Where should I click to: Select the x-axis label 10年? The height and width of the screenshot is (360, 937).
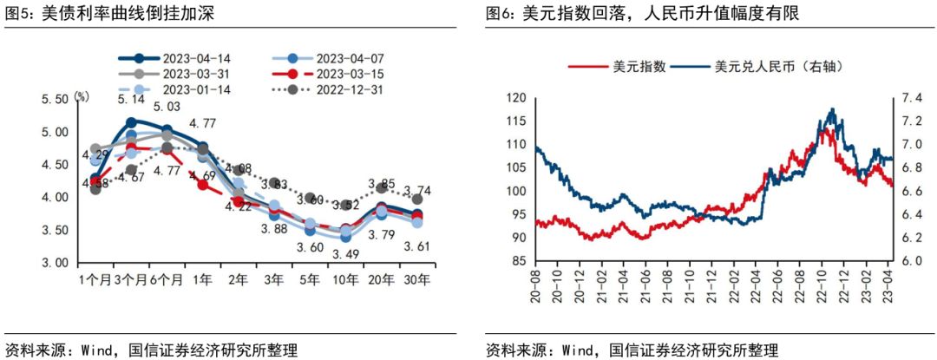tap(345, 280)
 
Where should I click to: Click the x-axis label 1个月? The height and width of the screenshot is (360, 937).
tap(95, 280)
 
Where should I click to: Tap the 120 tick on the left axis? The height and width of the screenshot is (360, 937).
tap(517, 98)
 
